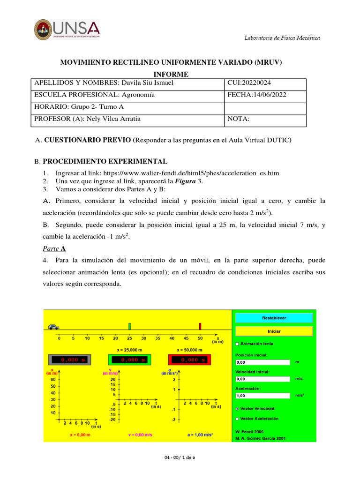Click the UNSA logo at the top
tap(67, 30)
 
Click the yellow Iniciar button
tap(274, 331)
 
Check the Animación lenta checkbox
tap(237, 344)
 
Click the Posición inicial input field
tap(263, 362)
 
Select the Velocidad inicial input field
tap(263, 379)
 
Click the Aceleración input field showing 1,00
tap(263, 395)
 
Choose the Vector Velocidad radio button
tap(237, 408)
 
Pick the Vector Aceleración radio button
tap(237, 418)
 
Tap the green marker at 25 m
tap(129, 326)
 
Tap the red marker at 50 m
tap(200, 326)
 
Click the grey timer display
tap(69, 360)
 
